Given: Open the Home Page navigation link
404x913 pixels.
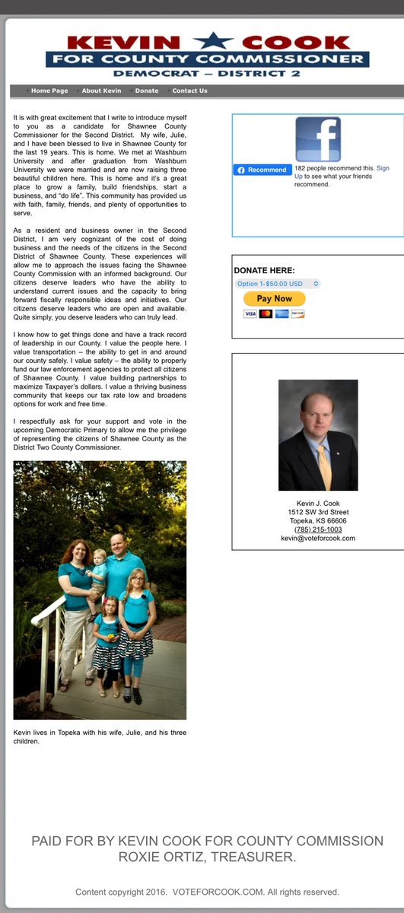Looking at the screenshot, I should point(49,91).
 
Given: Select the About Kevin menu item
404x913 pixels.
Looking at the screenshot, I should point(102,91).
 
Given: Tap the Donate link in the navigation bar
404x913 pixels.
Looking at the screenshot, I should point(147,91).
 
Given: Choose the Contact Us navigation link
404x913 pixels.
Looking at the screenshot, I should point(189,91).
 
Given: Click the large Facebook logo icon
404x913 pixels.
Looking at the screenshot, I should point(318,139).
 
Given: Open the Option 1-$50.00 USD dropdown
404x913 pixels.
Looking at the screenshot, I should point(278,284).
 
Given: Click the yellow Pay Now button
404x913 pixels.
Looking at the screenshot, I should point(274,299).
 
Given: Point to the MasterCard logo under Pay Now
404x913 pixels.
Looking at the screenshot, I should point(266,313).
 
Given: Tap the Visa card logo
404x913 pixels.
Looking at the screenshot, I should point(250,313).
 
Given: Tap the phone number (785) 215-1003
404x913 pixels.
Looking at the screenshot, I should point(317,530).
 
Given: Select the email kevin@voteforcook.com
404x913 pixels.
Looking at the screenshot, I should point(317,539).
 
